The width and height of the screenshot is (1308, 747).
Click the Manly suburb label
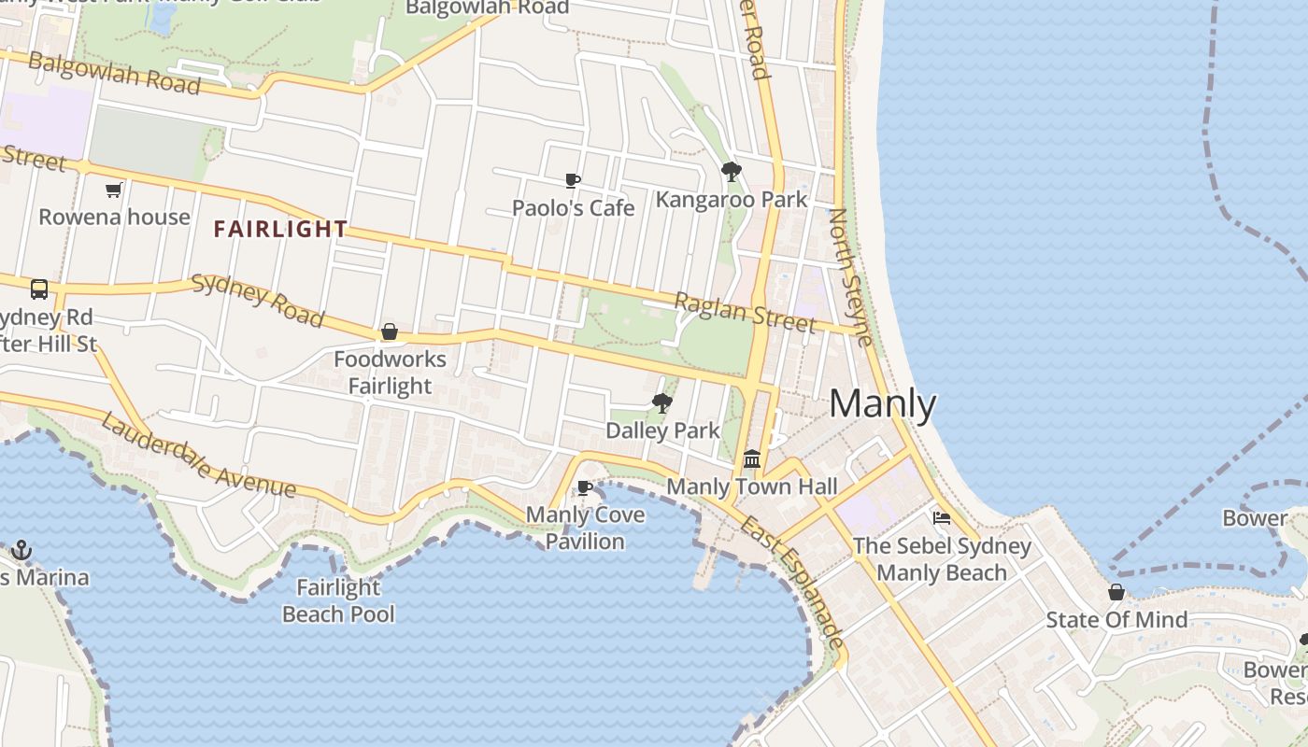(x=882, y=404)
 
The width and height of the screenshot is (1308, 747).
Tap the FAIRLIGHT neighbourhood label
(x=280, y=229)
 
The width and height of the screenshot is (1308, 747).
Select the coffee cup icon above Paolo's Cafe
(x=573, y=180)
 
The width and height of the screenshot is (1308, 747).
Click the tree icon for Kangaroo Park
(x=732, y=172)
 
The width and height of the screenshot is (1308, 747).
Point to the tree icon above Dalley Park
(x=662, y=403)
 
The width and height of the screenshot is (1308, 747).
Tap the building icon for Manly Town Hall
(x=752, y=459)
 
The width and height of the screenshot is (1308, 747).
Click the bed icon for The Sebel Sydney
(x=942, y=518)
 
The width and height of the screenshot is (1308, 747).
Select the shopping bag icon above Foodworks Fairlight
(x=390, y=331)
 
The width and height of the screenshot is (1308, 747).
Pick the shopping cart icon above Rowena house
(x=114, y=190)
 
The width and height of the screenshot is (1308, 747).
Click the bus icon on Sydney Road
(x=39, y=289)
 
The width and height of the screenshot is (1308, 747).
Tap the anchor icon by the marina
(x=21, y=550)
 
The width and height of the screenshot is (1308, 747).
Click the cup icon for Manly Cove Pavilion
(x=585, y=487)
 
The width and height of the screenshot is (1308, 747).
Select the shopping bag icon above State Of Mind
(x=1116, y=592)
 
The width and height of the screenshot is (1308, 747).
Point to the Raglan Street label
(x=745, y=312)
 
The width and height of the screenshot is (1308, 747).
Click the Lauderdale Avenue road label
(x=198, y=456)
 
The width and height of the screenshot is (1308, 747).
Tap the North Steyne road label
(x=851, y=277)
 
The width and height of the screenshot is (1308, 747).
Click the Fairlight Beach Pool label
(x=338, y=600)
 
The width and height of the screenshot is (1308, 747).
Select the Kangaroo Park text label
(x=732, y=199)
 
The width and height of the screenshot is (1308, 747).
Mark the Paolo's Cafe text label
(x=573, y=207)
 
